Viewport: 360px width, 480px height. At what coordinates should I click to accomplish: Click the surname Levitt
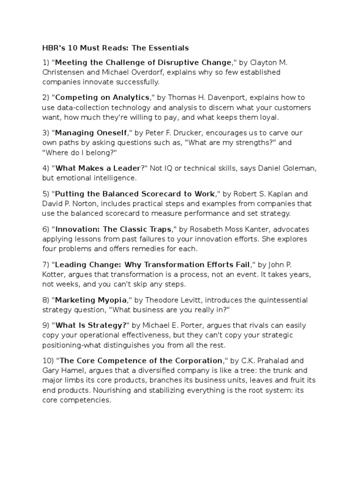click(x=188, y=300)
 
